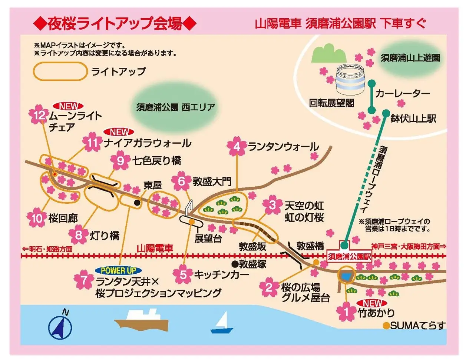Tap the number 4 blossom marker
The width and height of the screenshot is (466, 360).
click(237, 147)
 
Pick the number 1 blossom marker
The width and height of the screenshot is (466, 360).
click(347, 312)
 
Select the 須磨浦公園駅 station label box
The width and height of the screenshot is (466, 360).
click(349, 256)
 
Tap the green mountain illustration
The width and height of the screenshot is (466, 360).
click(328, 54)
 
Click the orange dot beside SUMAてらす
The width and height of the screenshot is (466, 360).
click(386, 326)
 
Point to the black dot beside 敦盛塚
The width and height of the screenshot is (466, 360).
click(234, 264)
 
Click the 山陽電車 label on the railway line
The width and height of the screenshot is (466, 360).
click(155, 248)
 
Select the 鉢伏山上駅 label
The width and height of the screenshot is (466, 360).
click(413, 119)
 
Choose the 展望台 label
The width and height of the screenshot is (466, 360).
click(208, 238)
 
